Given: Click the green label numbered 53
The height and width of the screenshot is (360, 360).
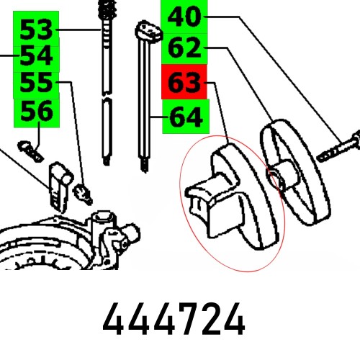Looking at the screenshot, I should [x=36, y=30].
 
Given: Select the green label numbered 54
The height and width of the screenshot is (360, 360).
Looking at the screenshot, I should [x=36, y=56].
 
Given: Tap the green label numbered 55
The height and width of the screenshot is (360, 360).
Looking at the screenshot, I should [x=36, y=85].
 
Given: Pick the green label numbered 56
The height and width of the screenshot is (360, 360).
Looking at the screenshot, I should [x=36, y=112].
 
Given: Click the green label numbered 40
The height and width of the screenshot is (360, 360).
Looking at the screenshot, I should [x=184, y=17].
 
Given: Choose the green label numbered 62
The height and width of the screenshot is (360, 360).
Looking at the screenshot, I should [x=184, y=48].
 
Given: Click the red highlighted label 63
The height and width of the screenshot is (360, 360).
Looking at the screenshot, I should [x=184, y=84].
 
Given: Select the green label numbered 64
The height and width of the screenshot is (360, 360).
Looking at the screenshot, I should [x=184, y=117].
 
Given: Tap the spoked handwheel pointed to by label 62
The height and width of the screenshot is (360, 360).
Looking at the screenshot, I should [x=297, y=173].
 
